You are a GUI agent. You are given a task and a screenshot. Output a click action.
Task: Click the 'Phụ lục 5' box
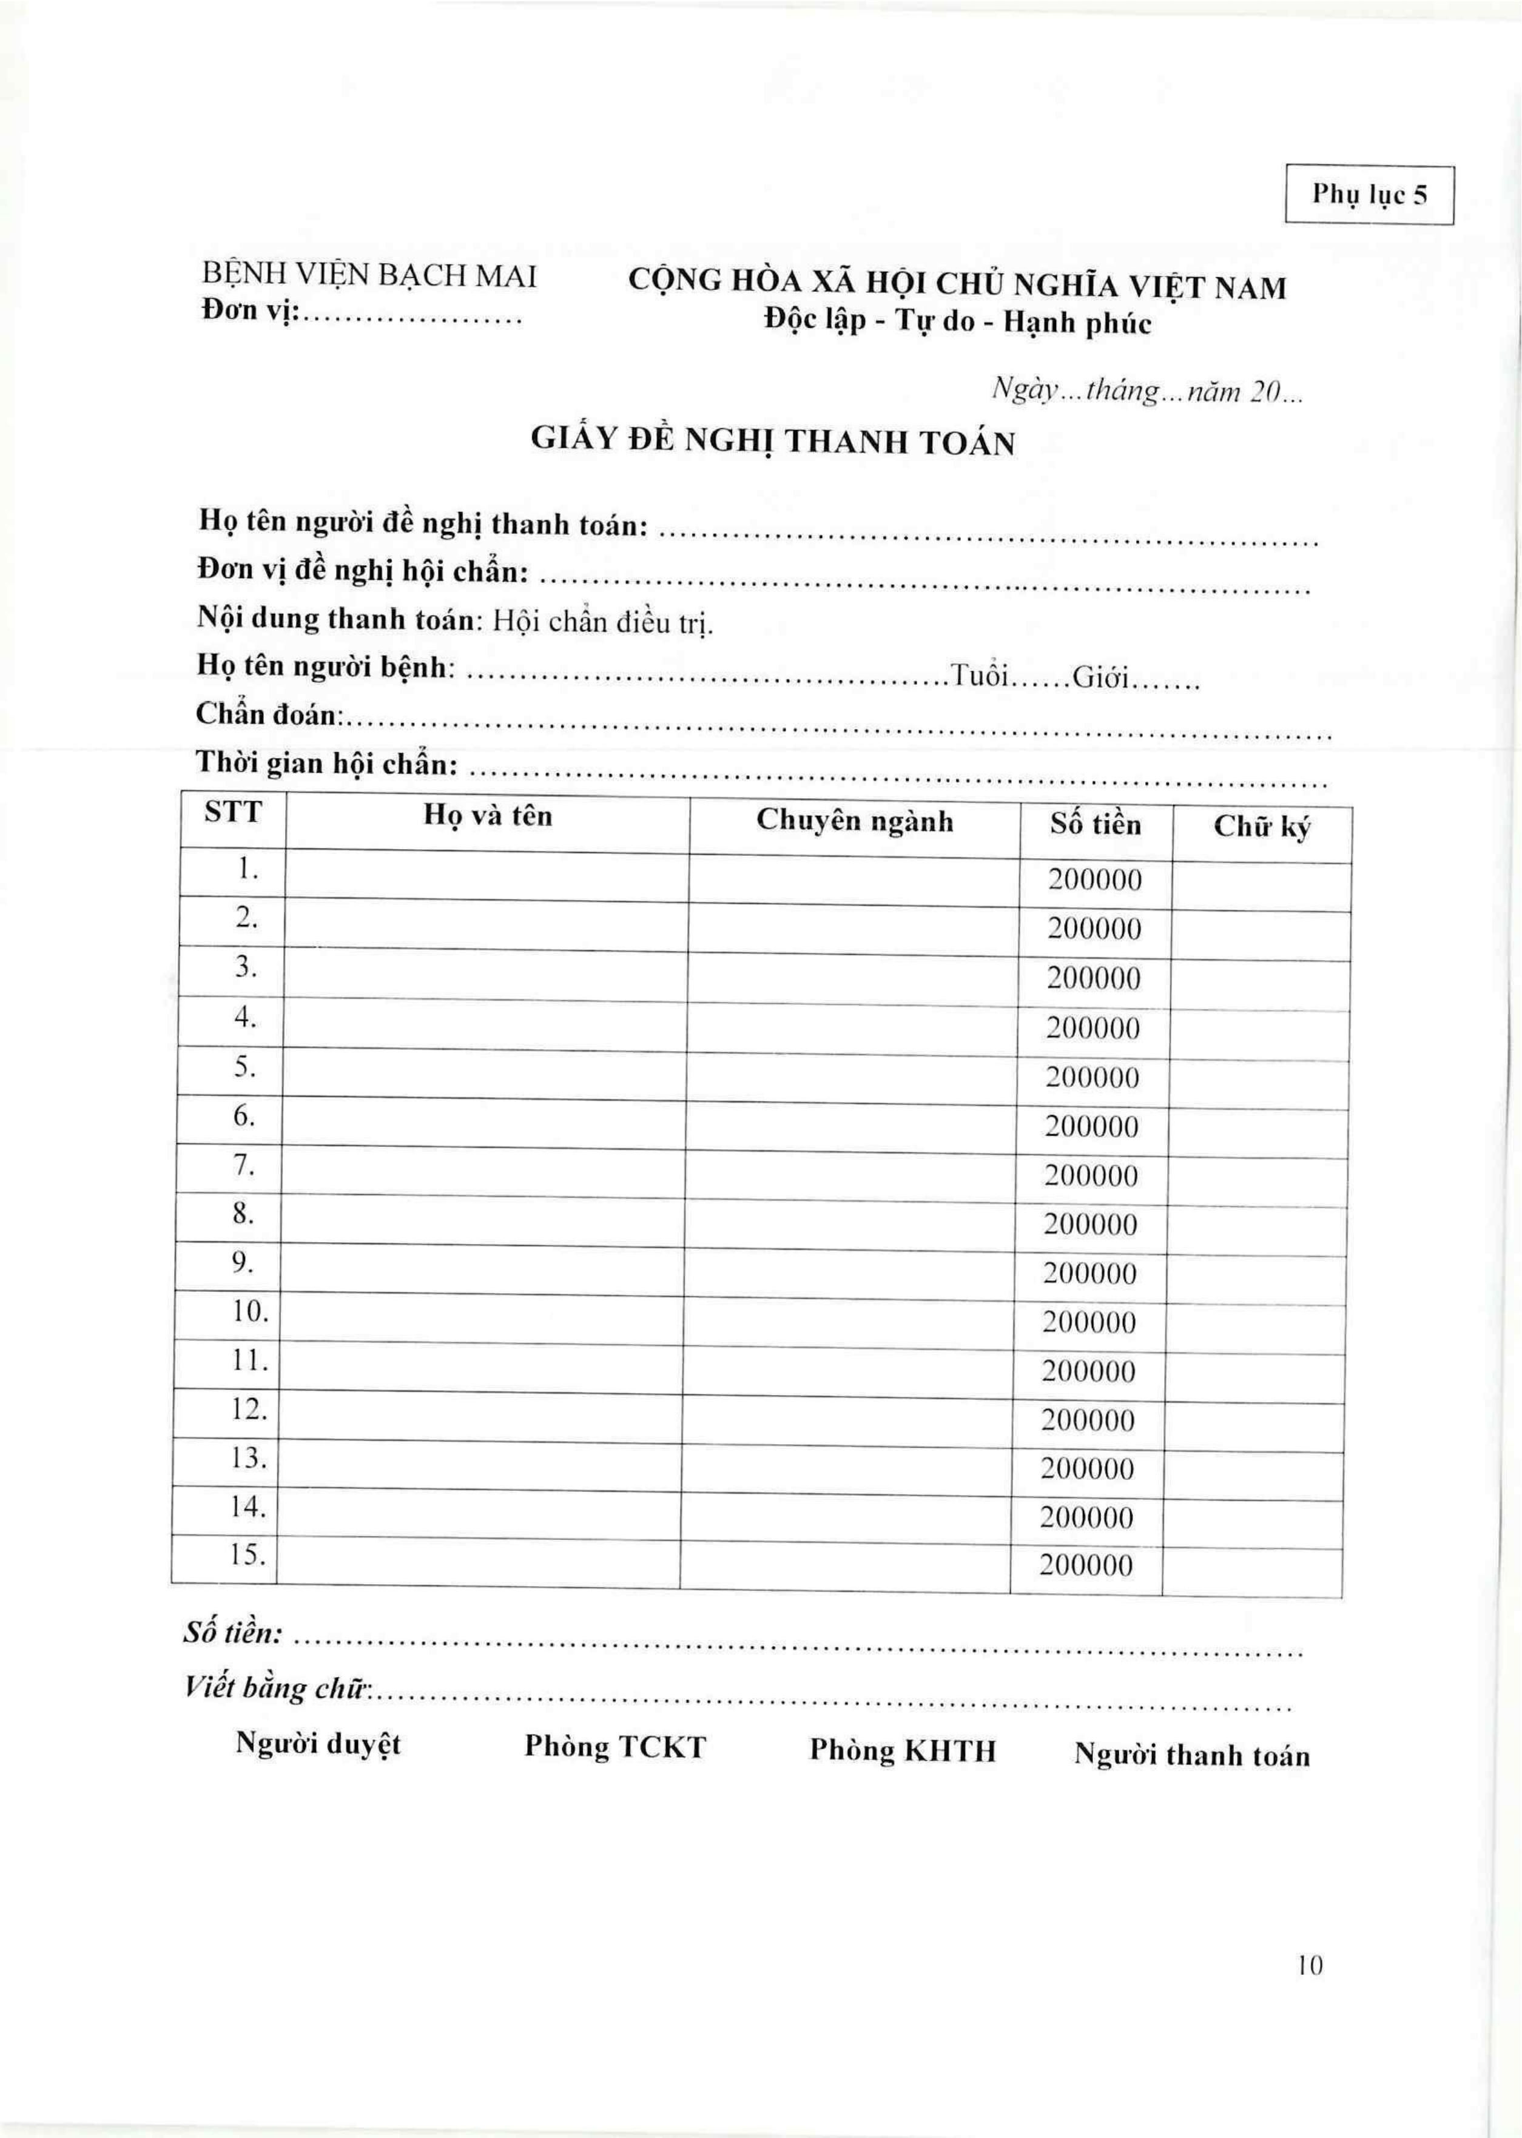[1369, 195]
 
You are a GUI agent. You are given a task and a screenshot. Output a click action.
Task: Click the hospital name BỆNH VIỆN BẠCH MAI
[369, 275]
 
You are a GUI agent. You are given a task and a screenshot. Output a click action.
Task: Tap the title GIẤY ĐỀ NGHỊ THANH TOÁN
[773, 440]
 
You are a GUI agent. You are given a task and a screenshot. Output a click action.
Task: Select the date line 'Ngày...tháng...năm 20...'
[1148, 392]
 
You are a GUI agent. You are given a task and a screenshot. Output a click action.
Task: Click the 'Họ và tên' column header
[487, 816]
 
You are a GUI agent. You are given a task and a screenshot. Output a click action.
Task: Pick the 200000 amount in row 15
[1085, 1565]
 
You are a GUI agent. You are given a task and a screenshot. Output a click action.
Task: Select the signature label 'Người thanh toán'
[1191, 1755]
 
